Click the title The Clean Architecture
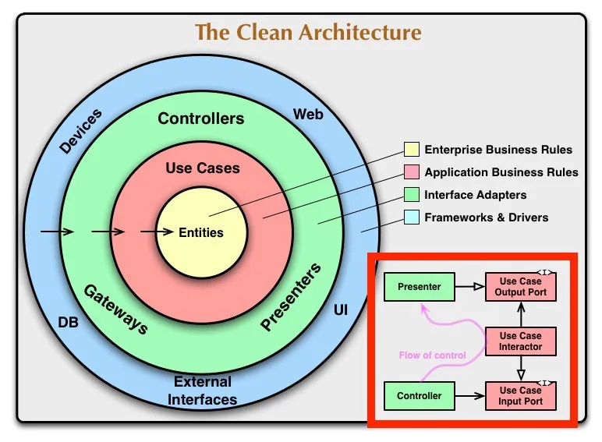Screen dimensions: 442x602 click(308, 33)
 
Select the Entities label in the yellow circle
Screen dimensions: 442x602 click(201, 232)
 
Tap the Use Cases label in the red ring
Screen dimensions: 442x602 click(203, 168)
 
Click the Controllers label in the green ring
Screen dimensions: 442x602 click(201, 119)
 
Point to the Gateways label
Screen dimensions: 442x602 click(116, 309)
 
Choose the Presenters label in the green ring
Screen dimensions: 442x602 click(290, 299)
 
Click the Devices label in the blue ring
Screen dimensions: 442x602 click(81, 132)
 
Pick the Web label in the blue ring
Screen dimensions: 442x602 click(308, 115)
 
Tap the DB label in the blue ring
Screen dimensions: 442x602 click(68, 321)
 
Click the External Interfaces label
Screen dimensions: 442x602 click(203, 391)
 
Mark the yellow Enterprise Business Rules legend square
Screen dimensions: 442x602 click(411, 150)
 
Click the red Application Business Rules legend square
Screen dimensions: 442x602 click(411, 172)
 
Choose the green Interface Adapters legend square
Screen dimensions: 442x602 click(411, 195)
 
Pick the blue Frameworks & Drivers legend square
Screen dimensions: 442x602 click(411, 217)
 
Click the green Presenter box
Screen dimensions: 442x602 click(419, 287)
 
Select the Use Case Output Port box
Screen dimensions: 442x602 click(521, 287)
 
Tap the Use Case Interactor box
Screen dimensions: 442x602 click(521, 341)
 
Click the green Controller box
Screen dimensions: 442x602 click(419, 396)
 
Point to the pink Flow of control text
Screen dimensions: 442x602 click(432, 355)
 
